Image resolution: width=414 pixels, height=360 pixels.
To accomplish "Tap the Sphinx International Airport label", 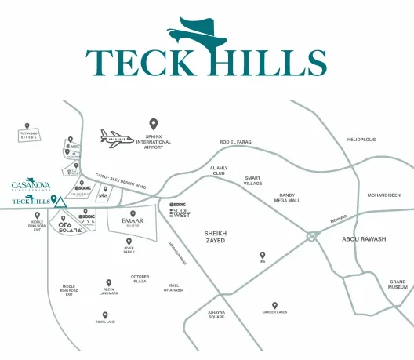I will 154,142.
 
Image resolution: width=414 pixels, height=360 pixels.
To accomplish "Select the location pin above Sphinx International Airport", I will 154,124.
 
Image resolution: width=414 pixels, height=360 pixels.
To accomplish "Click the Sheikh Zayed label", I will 214,236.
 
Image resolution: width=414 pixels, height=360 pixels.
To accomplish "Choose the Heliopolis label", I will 361,140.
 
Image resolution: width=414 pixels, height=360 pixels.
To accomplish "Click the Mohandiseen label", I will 383,195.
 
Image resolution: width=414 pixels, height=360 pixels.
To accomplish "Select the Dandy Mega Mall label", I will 287,198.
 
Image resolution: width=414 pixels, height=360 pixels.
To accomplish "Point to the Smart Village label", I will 252,180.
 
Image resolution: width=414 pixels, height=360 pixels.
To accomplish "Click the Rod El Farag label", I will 234,142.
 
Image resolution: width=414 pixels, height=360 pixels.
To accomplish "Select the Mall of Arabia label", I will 174,288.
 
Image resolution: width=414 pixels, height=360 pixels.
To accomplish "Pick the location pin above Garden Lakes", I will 274,305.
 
